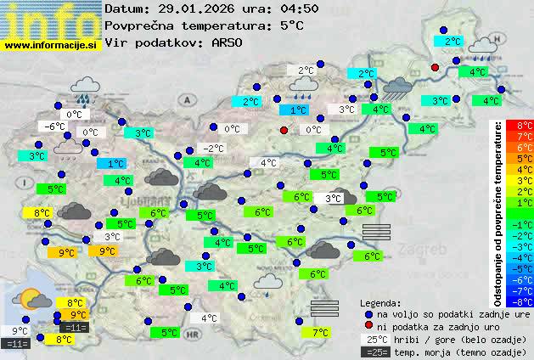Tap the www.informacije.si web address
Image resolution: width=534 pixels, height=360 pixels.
coord(51,45)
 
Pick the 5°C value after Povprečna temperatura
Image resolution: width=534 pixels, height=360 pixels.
coord(291,25)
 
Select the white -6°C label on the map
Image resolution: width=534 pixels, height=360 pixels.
coord(54,127)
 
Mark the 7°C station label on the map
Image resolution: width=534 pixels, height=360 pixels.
coord(320,332)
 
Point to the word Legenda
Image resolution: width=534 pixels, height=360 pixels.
coord(381,302)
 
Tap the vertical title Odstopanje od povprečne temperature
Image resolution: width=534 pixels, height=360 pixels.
coord(498,212)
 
